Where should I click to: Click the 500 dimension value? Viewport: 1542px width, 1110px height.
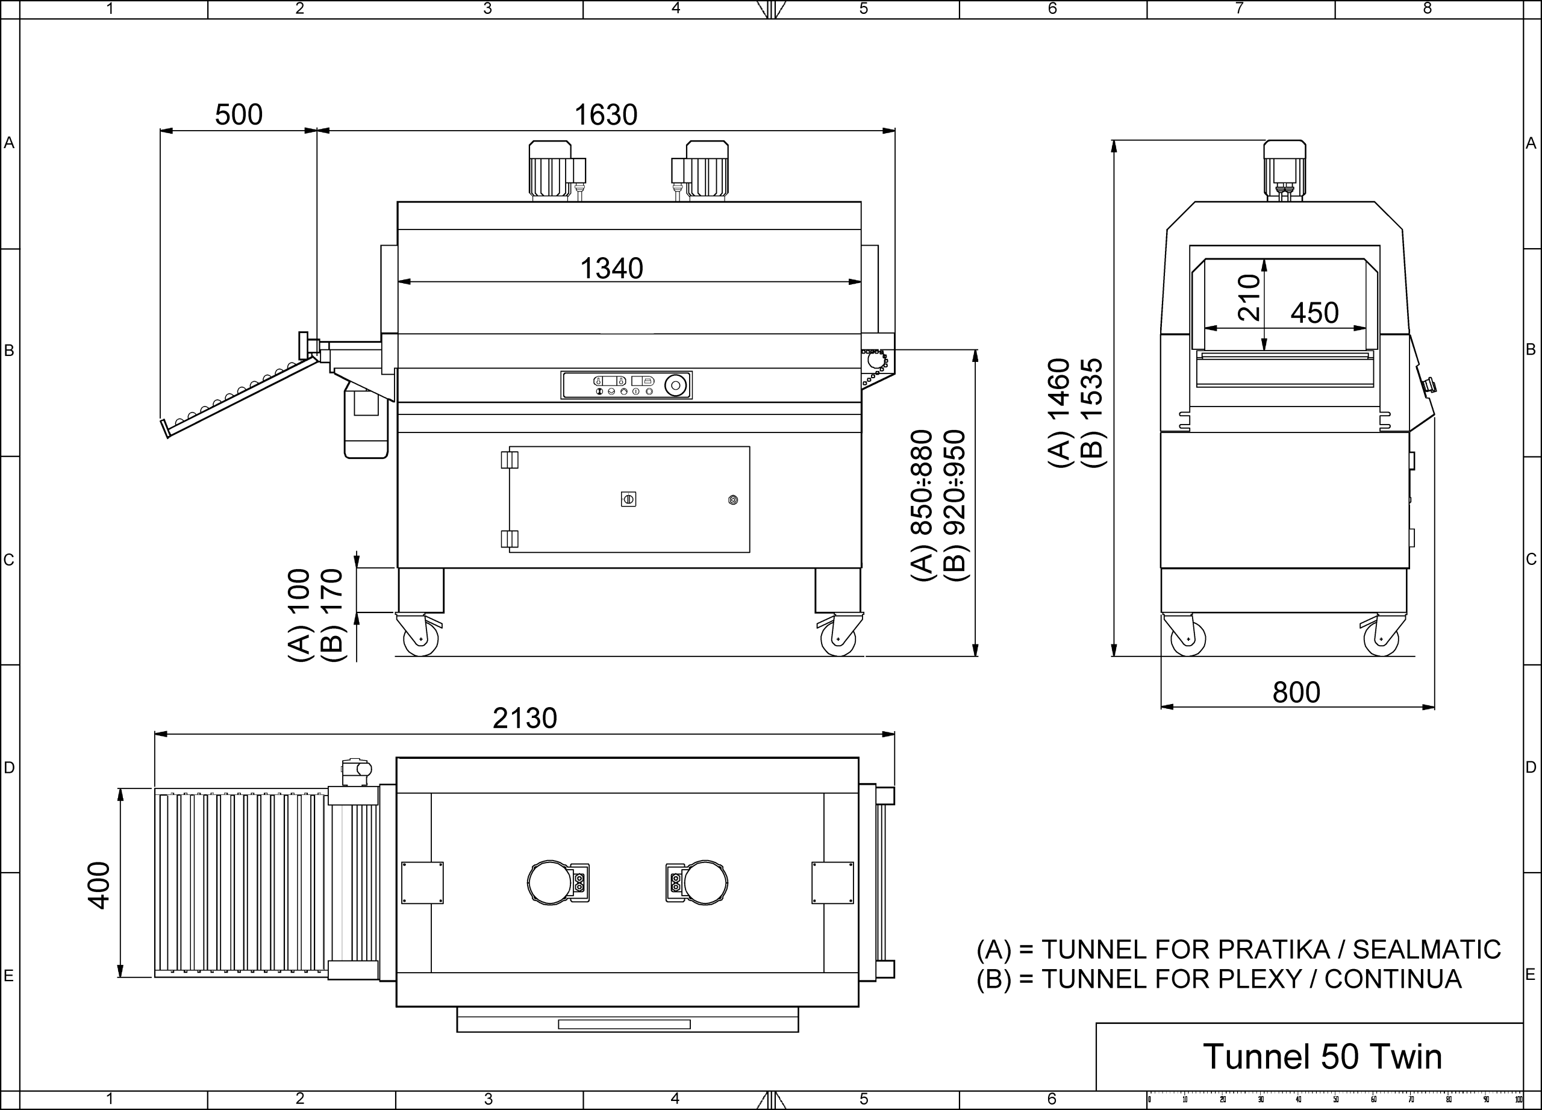[x=239, y=115]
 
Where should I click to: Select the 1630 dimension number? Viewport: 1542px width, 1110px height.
[x=606, y=115]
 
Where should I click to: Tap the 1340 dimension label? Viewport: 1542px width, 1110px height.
[x=611, y=269]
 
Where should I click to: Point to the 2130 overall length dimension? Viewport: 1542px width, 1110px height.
[x=525, y=718]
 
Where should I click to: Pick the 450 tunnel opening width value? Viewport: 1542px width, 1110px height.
[x=1314, y=313]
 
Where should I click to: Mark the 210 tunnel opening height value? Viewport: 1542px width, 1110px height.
[x=1249, y=297]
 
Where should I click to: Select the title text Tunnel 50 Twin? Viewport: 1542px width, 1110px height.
[x=1322, y=1056]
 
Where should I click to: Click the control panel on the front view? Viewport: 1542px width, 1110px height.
[x=626, y=385]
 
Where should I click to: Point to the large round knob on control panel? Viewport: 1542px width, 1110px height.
[x=675, y=385]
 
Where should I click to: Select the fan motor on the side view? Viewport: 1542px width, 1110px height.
[x=1284, y=170]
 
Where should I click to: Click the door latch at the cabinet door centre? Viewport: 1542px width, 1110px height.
[x=628, y=500]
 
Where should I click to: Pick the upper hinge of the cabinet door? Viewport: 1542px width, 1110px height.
[x=509, y=460]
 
